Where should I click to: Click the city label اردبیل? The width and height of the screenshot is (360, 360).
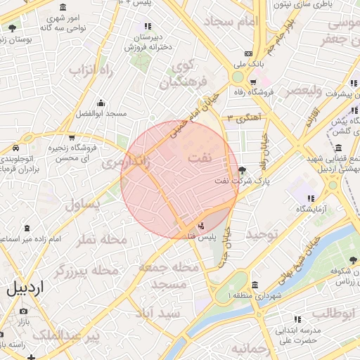click(x=25, y=288)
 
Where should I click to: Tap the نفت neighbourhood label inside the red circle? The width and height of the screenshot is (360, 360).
click(x=200, y=159)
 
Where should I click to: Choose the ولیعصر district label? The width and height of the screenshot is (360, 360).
click(x=304, y=91)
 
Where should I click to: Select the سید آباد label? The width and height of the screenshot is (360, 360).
click(x=159, y=311)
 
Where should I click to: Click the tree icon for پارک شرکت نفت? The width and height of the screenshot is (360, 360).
click(x=243, y=170)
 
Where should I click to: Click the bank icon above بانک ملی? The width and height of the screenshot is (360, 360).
click(x=247, y=53)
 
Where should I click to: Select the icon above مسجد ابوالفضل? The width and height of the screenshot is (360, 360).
click(x=101, y=102)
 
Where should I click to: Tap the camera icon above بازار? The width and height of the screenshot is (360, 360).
click(x=24, y=311)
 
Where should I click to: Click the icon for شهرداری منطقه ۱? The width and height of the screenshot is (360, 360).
click(x=254, y=285)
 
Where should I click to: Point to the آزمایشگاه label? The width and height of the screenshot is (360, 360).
click(x=311, y=209)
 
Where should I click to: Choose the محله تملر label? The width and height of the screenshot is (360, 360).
click(x=103, y=240)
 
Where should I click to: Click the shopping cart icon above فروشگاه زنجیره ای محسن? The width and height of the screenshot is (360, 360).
click(x=72, y=137)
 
